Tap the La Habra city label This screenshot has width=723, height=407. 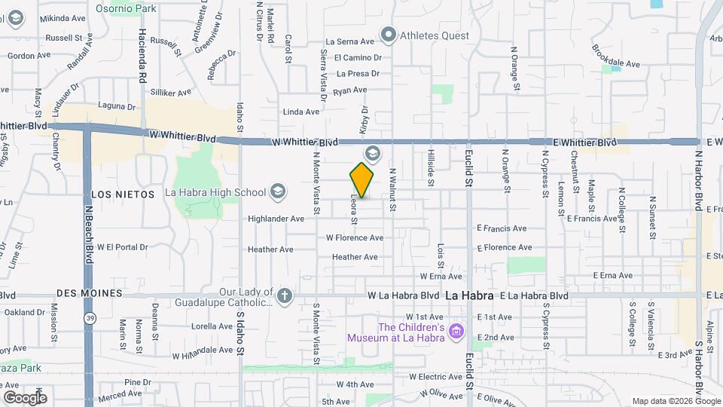[469, 295]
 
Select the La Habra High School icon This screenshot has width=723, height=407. [278, 192]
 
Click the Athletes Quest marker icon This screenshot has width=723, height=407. [389, 33]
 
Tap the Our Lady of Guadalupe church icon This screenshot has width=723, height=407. [284, 295]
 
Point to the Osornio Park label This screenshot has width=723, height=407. [126, 9]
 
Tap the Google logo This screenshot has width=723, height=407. [24, 397]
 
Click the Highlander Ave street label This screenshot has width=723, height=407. [276, 219]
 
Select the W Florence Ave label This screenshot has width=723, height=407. [354, 237]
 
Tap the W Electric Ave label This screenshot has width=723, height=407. [435, 376]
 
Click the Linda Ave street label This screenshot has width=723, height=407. [301, 112]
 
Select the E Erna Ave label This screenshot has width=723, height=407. [612, 276]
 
